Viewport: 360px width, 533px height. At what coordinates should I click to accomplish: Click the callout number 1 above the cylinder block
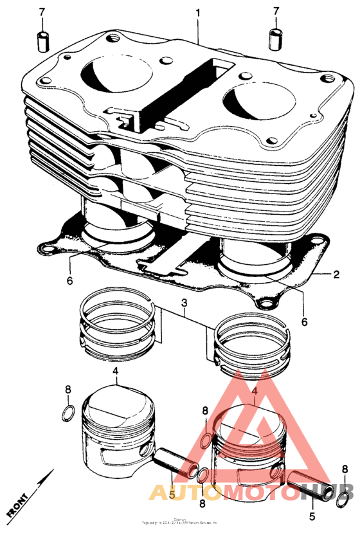(x=198, y=12)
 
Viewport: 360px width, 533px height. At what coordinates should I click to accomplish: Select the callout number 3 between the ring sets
(x=184, y=303)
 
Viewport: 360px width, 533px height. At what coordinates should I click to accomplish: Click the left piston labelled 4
(x=116, y=431)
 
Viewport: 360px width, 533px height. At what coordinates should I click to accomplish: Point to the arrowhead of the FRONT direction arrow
(x=51, y=474)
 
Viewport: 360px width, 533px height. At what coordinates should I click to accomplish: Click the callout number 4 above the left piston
(x=115, y=371)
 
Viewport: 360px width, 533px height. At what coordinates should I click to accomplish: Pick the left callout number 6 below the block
(x=69, y=281)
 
